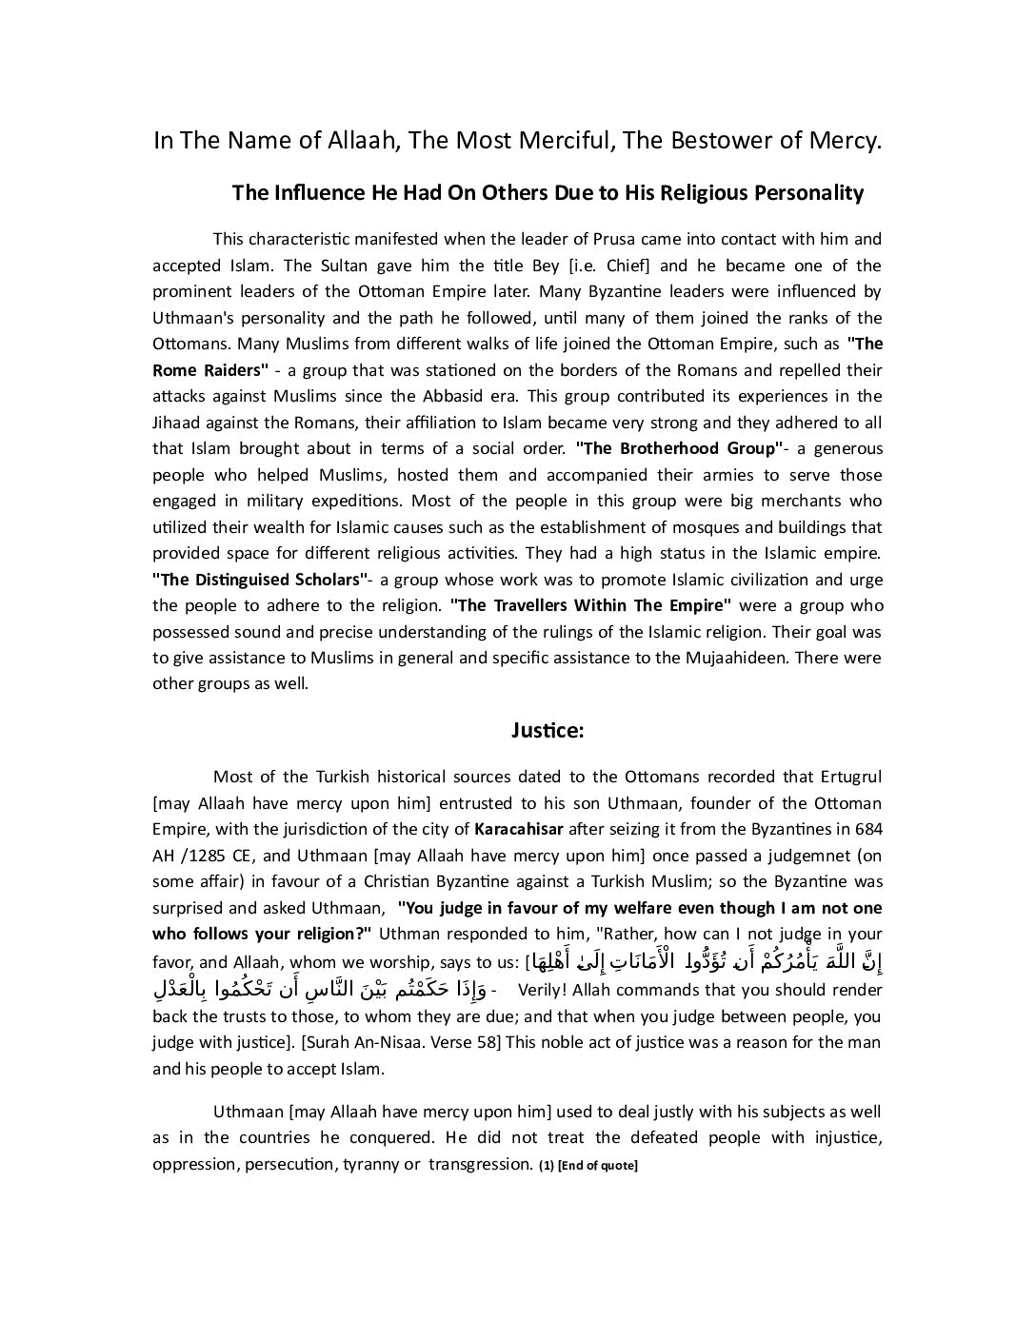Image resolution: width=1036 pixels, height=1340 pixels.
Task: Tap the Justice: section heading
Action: (547, 731)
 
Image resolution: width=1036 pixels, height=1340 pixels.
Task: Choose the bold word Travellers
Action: (527, 605)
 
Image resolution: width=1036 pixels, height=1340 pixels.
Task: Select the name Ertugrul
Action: (846, 778)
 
